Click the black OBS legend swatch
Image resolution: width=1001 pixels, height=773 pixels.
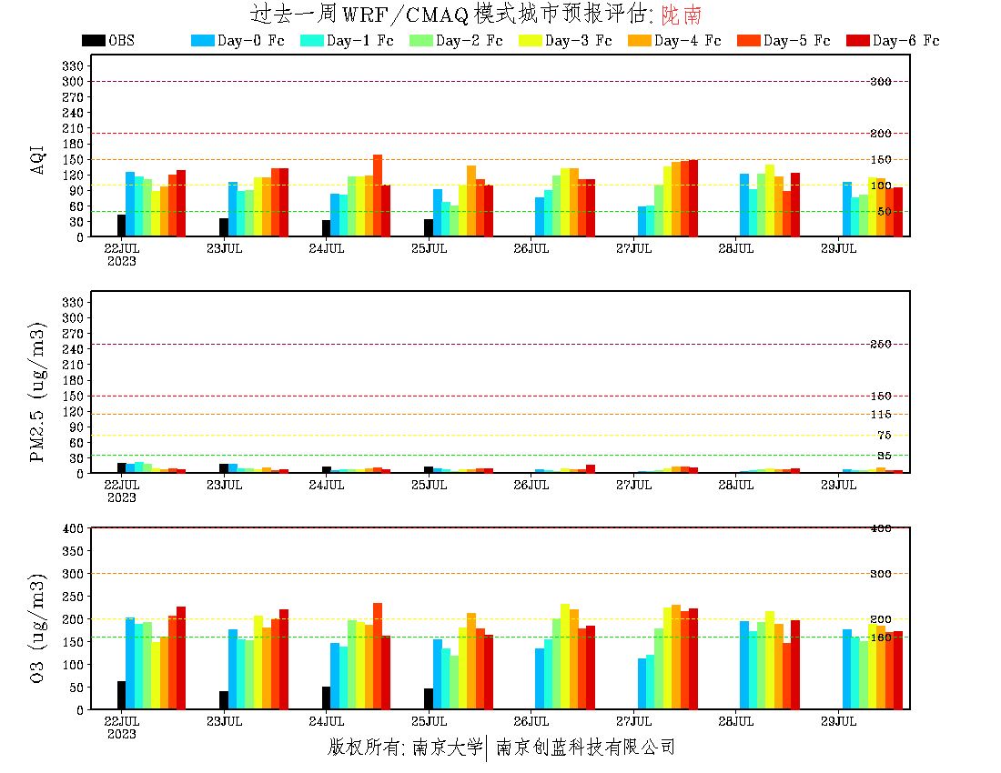[93, 41]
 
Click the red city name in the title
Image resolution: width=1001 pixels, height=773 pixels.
[682, 15]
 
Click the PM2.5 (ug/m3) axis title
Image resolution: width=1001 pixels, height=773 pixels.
[38, 391]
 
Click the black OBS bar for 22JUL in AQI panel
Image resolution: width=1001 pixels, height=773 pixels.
[121, 226]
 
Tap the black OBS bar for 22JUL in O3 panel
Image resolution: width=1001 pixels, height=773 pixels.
[121, 695]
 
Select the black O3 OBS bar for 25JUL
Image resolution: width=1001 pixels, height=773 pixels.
[429, 698]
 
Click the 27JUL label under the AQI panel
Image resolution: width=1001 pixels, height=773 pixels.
[634, 248]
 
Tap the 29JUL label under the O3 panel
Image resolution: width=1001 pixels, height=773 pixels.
[839, 721]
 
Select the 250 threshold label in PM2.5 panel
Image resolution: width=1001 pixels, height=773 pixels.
[880, 345]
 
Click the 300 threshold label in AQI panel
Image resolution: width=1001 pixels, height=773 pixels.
[880, 82]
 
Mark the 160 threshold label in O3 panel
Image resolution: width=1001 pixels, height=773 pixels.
[880, 637]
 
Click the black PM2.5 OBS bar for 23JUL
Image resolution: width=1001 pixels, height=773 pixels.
[224, 468]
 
